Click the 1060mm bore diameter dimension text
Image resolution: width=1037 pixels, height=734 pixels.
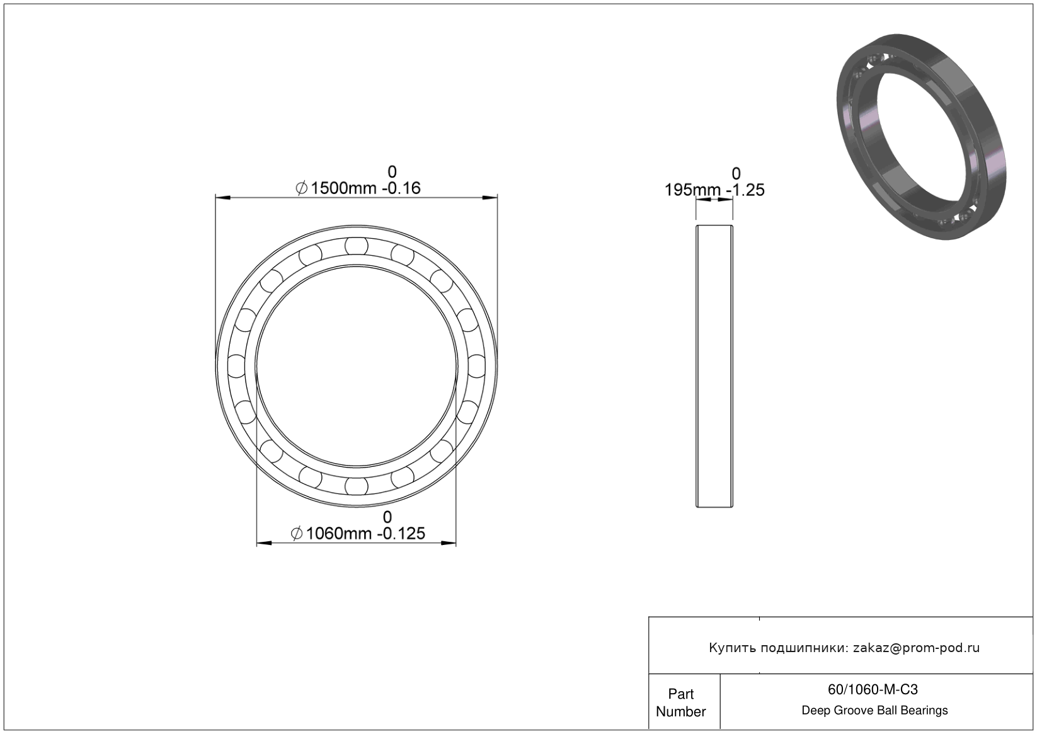[x=340, y=534]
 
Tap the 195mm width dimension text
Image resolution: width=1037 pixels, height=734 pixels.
[x=692, y=190]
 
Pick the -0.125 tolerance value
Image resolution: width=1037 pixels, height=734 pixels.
[x=401, y=534]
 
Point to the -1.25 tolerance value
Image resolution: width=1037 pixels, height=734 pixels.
[x=745, y=190]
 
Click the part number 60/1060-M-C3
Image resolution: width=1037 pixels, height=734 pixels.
[x=873, y=690]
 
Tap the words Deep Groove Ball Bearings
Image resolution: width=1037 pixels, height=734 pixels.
[x=874, y=711]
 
